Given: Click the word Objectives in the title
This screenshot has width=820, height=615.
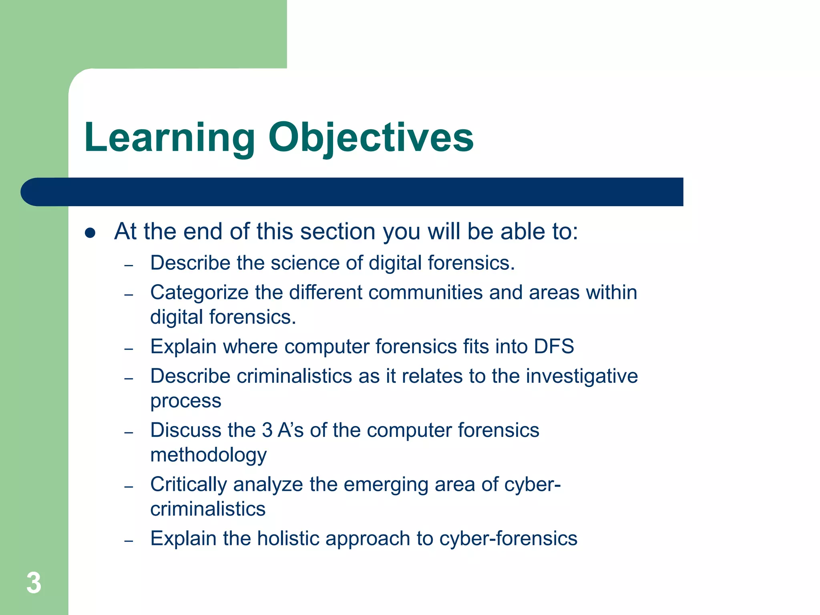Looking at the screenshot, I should coord(371,138).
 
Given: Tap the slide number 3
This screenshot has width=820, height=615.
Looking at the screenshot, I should coord(34,583).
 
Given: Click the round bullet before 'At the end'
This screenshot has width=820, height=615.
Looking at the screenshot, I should coord(90,233).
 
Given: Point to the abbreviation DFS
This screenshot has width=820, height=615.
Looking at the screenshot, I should coord(554,346).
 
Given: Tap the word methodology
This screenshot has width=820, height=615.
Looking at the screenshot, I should coord(208,456).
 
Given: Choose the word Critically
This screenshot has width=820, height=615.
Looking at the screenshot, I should coord(189,485).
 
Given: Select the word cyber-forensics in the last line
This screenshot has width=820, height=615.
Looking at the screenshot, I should coord(508,539).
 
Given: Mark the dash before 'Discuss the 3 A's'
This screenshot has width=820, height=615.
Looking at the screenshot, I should coord(129,433).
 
